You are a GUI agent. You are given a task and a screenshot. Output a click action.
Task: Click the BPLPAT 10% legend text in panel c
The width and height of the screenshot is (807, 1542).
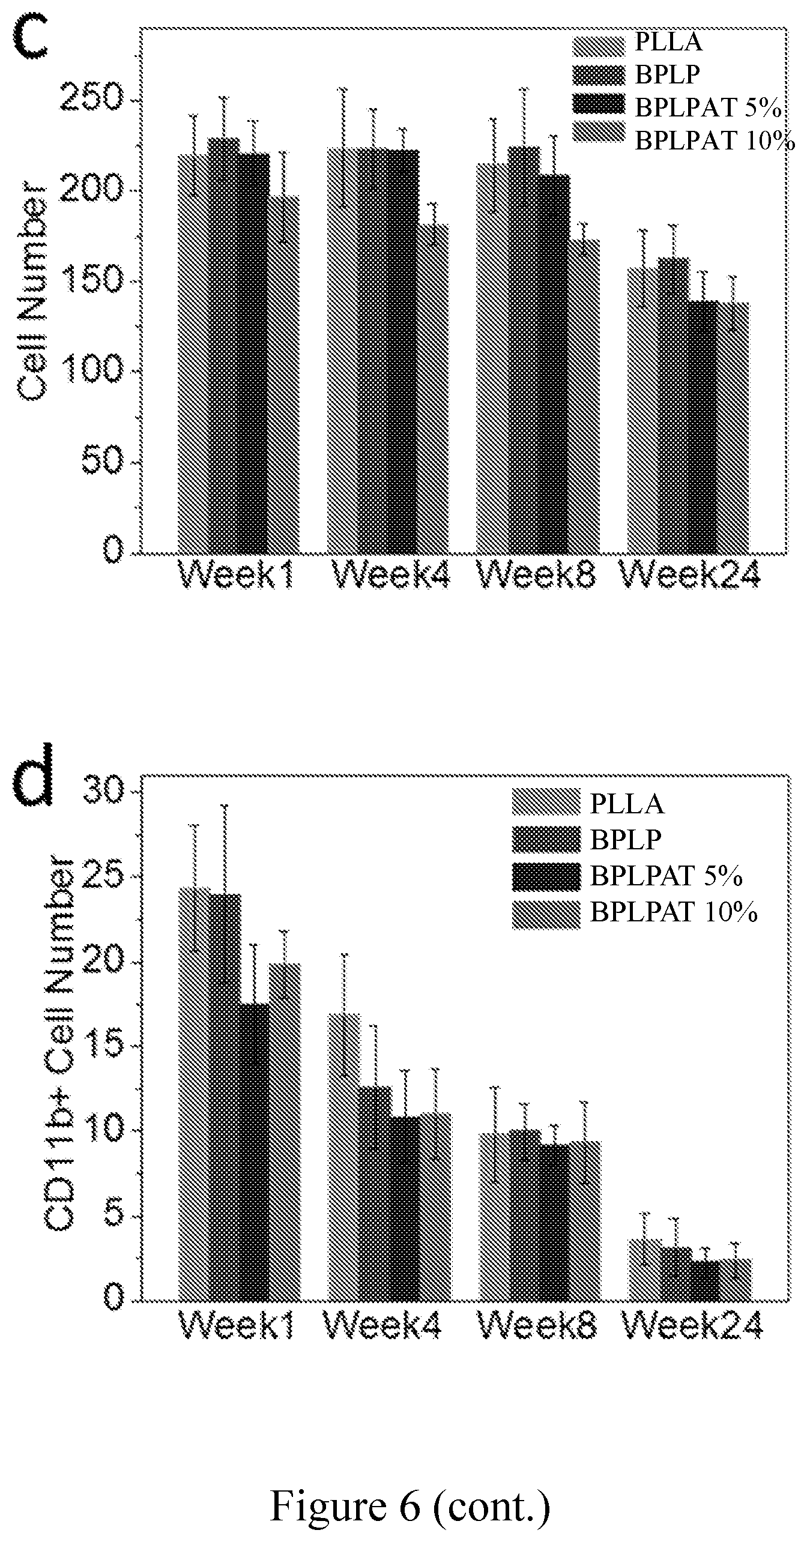715,140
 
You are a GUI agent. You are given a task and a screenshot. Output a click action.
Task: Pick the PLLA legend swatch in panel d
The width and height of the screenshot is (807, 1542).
546,803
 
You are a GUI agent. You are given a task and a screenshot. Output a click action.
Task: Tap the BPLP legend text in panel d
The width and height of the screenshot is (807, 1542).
625,839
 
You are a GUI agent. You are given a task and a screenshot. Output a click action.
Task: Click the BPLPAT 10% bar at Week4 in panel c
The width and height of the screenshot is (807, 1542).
434,388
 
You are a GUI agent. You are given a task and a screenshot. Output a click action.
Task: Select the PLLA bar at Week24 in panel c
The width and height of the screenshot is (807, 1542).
642,410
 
